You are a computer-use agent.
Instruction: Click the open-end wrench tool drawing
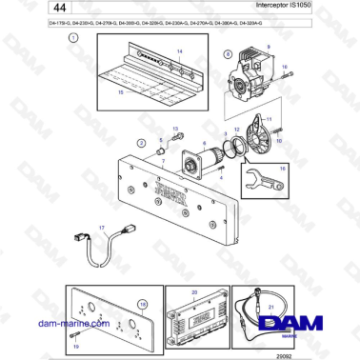coord(256,178)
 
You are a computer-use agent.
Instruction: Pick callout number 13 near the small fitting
coord(175,129)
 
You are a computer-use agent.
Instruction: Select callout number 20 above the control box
coord(195,292)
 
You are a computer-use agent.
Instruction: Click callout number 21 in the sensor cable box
coord(270,307)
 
